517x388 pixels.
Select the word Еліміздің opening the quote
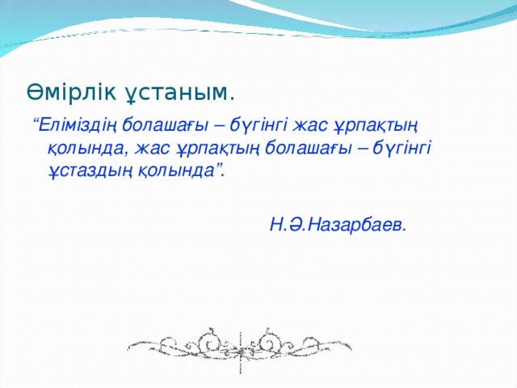point(77,125)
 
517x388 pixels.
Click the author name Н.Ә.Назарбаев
point(338,224)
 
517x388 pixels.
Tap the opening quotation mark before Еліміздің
point(35,121)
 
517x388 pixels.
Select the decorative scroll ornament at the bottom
point(237,346)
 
